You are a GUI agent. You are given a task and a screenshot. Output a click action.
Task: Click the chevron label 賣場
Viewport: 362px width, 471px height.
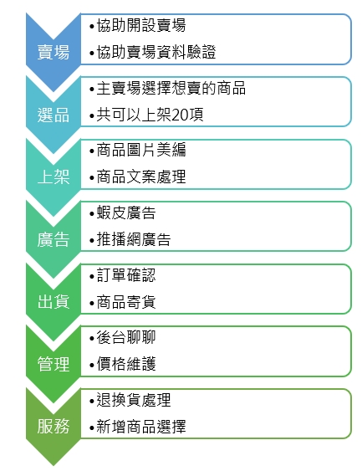54,52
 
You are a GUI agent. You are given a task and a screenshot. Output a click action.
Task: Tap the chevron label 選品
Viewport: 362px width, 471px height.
54,115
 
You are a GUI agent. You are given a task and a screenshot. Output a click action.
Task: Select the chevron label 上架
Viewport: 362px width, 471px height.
54,177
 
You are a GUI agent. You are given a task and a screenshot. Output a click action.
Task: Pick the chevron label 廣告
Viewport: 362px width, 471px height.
54,239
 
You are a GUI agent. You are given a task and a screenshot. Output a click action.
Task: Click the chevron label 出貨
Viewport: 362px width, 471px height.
54,301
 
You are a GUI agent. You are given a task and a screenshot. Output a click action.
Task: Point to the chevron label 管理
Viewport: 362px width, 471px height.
54,364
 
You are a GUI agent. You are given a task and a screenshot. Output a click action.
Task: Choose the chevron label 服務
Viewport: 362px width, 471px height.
54,427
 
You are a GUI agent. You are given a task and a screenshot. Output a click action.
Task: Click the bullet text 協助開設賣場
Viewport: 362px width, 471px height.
141,25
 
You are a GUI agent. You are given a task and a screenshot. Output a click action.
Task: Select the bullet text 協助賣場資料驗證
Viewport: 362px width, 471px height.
156,52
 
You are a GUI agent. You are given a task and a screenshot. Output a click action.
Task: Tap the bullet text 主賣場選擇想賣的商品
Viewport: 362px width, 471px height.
171,89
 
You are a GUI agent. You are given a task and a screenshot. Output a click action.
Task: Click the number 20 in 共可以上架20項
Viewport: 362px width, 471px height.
180,115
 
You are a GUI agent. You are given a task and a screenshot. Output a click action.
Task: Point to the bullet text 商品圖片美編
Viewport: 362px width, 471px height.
141,150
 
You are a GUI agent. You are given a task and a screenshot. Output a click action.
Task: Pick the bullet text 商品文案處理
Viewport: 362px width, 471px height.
141,177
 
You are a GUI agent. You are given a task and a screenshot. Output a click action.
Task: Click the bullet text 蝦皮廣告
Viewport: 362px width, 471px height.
126,213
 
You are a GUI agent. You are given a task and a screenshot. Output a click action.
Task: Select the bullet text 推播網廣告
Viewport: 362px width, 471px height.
134,240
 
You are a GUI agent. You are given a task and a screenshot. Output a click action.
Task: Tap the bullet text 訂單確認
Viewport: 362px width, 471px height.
126,275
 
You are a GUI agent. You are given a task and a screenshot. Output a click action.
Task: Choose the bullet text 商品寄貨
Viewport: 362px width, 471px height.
126,302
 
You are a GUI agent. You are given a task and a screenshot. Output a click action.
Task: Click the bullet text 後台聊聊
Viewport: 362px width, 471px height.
126,337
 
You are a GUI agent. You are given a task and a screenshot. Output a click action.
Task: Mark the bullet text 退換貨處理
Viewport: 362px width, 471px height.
134,400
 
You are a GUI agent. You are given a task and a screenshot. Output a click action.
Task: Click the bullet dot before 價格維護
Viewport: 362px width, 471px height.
92,366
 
